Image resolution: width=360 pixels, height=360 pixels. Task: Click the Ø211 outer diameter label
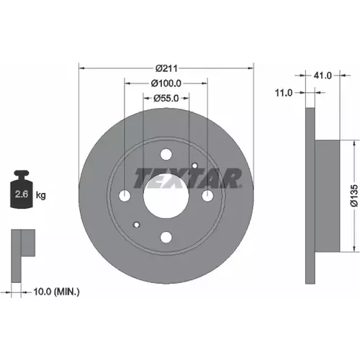click(x=166, y=68)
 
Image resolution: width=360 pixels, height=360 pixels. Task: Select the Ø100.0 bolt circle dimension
click(x=166, y=84)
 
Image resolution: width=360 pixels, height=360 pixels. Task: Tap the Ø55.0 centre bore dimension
click(x=166, y=98)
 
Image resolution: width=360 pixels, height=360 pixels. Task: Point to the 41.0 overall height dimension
click(x=323, y=76)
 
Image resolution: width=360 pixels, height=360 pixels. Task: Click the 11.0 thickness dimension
click(x=284, y=93)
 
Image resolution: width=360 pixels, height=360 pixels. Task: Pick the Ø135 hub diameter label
click(x=354, y=196)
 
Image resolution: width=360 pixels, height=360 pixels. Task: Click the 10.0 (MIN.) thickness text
click(x=56, y=292)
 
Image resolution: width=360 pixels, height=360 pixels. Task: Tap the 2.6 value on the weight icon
click(x=22, y=194)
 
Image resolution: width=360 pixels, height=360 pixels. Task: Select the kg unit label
click(x=41, y=195)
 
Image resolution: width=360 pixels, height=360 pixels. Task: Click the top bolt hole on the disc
click(x=166, y=154)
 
